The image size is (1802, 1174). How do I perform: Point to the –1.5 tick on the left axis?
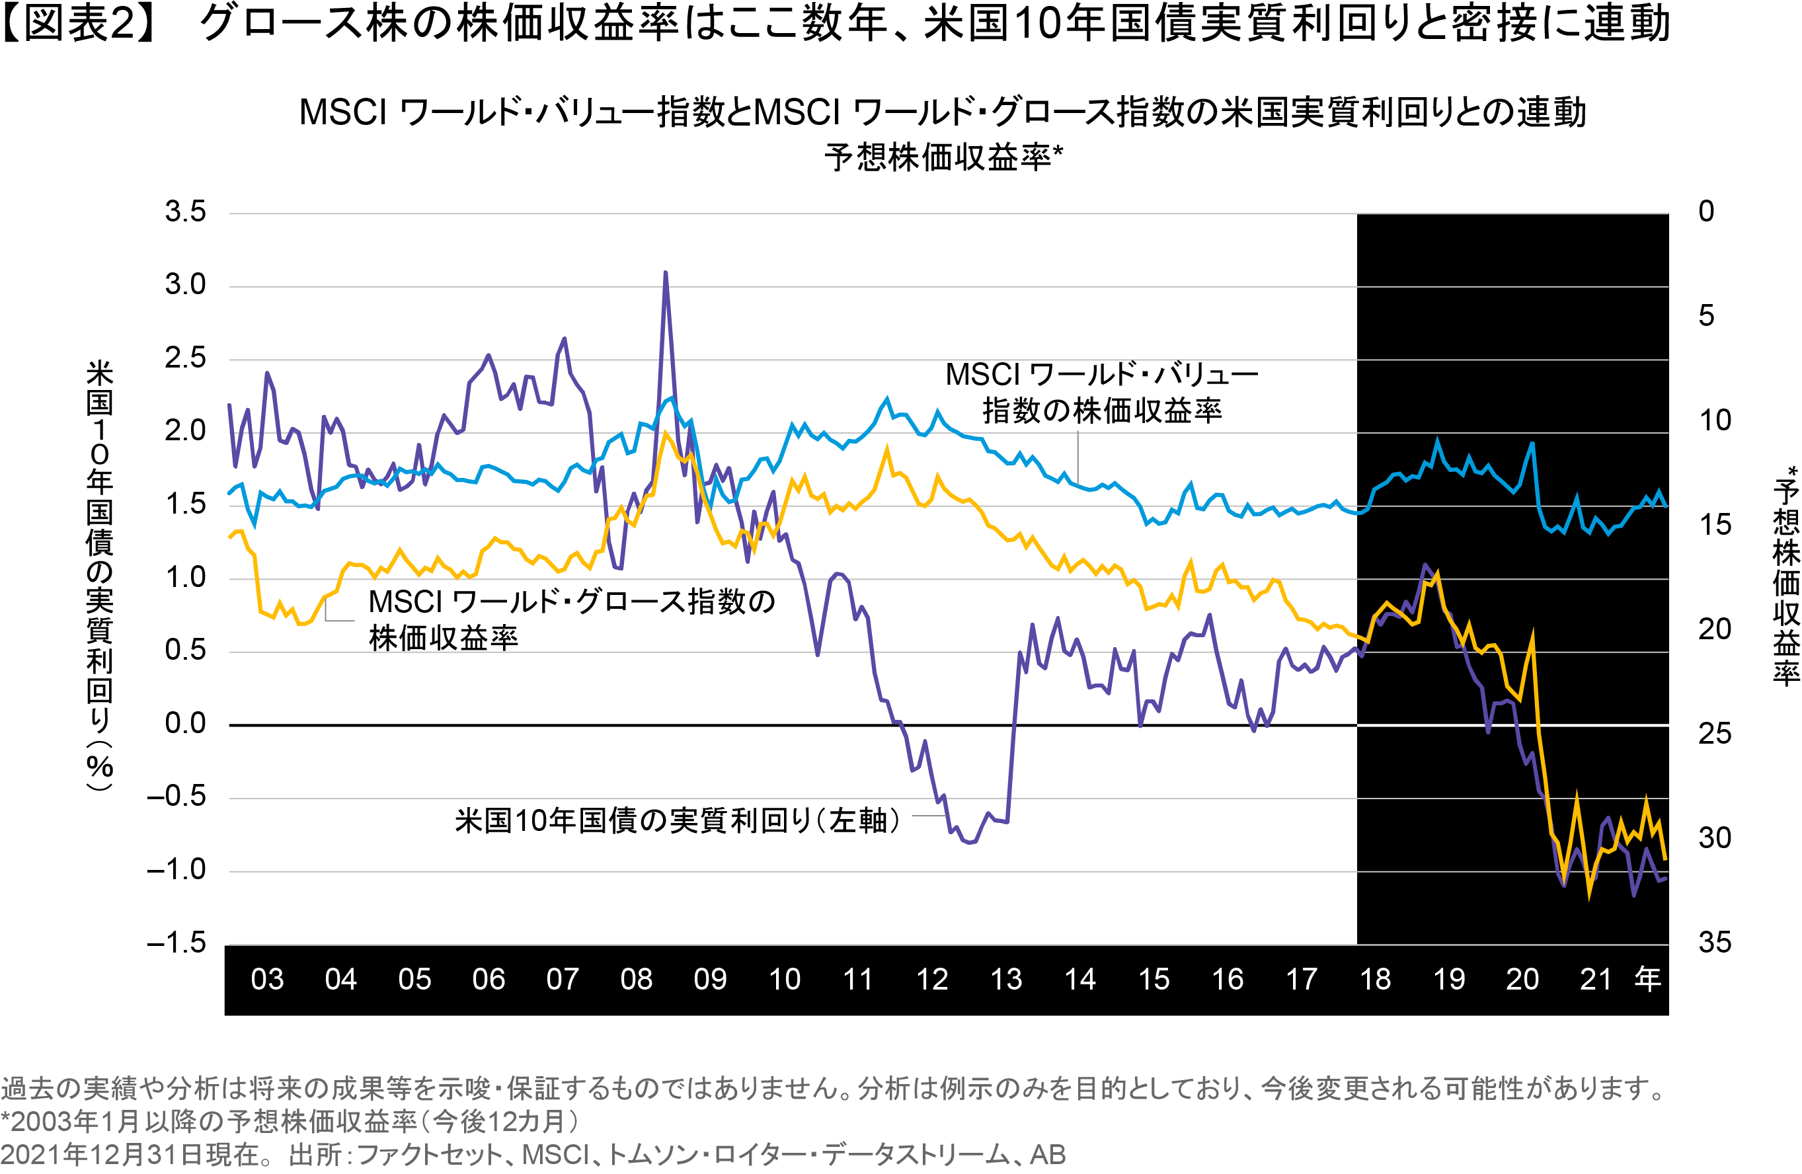coord(176,943)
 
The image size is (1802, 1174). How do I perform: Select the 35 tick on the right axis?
coord(1715,943)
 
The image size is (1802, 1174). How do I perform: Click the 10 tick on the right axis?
coord(1715,421)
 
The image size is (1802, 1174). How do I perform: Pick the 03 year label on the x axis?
coord(266,980)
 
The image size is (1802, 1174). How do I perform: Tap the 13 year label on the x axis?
coord(1005,980)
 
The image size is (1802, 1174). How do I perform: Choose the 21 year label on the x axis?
coord(1595,980)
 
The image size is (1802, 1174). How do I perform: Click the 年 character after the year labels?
coord(1647,979)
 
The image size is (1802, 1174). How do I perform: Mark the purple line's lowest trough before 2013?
coord(972,842)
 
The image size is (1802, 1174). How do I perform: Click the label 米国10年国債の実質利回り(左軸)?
coord(678,820)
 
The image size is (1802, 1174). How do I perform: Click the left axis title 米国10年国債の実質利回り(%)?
coord(99,575)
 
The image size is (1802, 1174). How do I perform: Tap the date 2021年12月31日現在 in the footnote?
coord(136,1155)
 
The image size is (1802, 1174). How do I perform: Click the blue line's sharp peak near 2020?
coord(1532,444)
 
